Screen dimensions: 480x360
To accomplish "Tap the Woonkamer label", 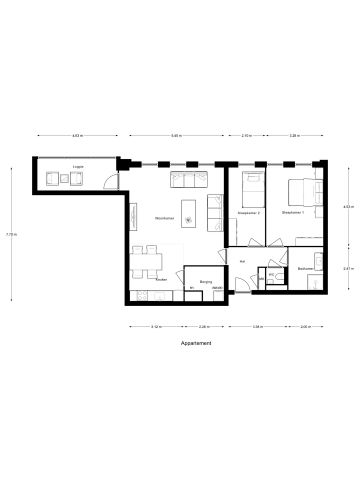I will tap(165, 218).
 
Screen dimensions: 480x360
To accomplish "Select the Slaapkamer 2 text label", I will tap(248, 213).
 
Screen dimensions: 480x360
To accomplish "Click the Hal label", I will tap(243, 261).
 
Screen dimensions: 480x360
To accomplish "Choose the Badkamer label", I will tap(304, 269).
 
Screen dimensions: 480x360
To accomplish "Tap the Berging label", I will tap(205, 282).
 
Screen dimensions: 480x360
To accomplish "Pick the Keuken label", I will tap(161, 280).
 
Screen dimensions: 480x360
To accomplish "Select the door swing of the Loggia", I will tap(115, 184).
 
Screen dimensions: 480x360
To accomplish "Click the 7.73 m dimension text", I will tap(9, 236).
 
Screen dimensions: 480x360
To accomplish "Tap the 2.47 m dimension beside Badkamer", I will tap(346, 268).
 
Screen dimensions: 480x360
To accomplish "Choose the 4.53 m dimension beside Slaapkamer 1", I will tap(346, 207).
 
